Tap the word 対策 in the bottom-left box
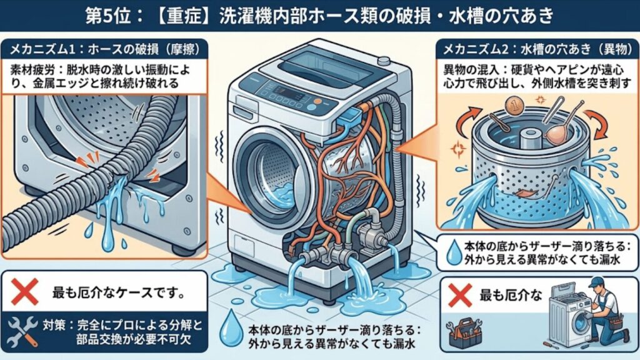click(52, 325)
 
